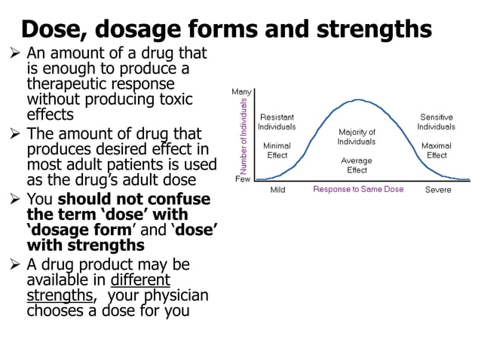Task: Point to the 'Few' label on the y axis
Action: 243,179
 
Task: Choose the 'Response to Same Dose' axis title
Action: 358,190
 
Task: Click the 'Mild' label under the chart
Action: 277,191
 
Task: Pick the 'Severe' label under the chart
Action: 438,191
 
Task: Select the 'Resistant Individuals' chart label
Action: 277,122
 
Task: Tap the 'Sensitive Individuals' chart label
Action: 436,122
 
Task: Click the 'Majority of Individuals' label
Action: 357,137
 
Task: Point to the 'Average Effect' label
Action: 357,165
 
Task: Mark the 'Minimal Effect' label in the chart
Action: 276,151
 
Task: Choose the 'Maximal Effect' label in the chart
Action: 436,151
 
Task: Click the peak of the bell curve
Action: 359,99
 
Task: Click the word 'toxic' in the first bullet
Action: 176,99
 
